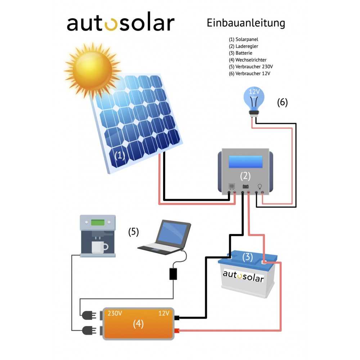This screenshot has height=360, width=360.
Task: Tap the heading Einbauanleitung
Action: coord(246,23)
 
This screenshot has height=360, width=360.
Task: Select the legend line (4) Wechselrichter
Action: coord(248,60)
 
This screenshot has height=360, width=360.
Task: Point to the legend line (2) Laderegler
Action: coord(243,46)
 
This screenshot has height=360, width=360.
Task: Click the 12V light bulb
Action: coord(255,99)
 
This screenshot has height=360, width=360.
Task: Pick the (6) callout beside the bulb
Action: coord(282,102)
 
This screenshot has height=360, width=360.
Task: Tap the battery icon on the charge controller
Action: coord(246,186)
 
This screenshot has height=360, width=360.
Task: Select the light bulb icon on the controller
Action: coord(259,186)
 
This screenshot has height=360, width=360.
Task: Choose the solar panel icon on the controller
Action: coord(232,186)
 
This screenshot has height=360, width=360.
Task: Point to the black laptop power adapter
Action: coord(173,274)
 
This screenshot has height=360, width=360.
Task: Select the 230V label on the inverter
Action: coord(115,313)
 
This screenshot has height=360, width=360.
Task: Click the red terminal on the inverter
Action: coord(177,331)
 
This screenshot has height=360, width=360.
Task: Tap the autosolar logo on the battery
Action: coord(243,276)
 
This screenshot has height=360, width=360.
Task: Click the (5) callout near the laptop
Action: coord(134,232)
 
